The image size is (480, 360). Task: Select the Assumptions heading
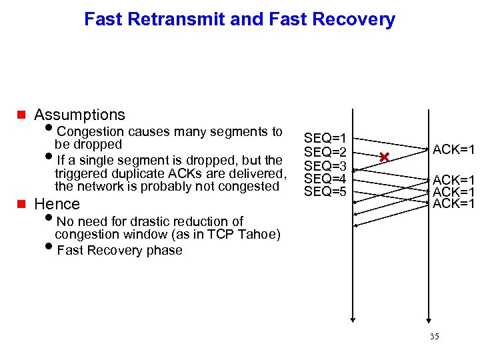pyautogui.click(x=79, y=115)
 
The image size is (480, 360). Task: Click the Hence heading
pyautogui.click(x=57, y=204)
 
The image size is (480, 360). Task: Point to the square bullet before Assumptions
pyautogui.click(x=21, y=115)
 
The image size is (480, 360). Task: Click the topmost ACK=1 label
pyautogui.click(x=453, y=149)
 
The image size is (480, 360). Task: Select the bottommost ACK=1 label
pyautogui.click(x=453, y=203)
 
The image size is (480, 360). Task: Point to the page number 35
pyautogui.click(x=435, y=337)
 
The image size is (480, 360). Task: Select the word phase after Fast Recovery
pyautogui.click(x=167, y=251)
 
